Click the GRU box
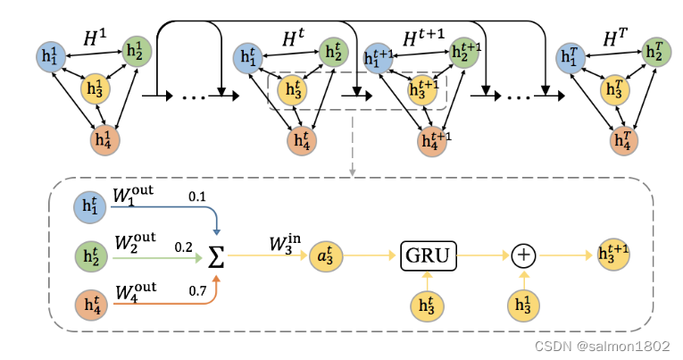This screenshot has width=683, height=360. tap(429, 255)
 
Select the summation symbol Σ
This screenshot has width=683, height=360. tap(217, 256)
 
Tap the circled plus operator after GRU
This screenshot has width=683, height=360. tap(522, 256)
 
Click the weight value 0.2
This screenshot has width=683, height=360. tap(184, 245)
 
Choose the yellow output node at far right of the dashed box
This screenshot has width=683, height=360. tap(612, 256)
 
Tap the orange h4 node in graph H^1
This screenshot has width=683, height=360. tap(104, 140)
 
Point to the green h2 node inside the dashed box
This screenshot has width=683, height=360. tap(88, 255)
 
